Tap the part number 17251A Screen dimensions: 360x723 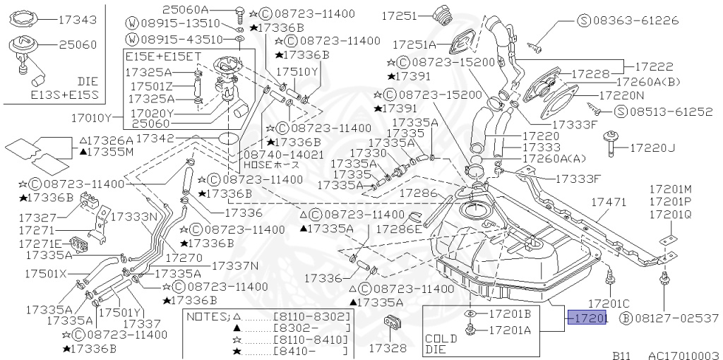tap(414, 45)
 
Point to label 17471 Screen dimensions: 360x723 tap(608, 202)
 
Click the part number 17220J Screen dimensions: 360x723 tap(652, 148)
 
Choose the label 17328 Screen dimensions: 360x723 tap(388, 348)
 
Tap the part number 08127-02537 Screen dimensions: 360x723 tap(675, 318)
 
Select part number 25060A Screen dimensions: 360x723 tap(185, 9)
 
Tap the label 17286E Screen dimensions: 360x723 tap(398, 229)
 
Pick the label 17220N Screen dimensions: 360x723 tap(621, 94)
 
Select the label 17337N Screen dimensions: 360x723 tap(235, 265)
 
